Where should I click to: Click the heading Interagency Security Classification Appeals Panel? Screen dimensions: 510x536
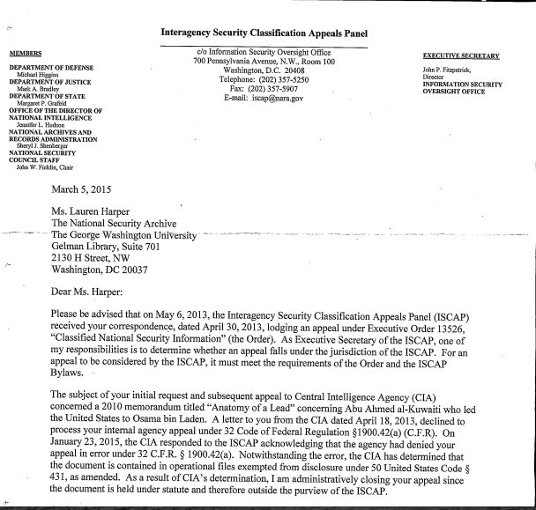264,33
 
